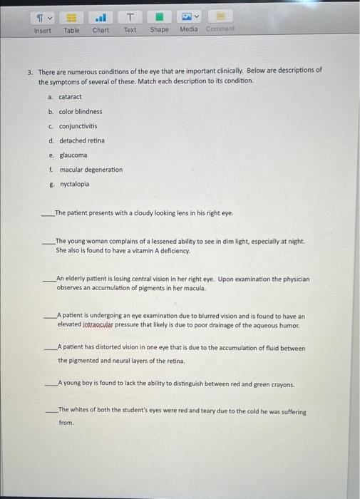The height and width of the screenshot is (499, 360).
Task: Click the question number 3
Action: [x=30, y=71]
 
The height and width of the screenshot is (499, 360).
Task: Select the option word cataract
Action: [x=70, y=97]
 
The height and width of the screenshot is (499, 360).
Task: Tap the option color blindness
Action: [x=80, y=111]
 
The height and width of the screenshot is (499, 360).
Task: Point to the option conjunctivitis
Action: [x=78, y=126]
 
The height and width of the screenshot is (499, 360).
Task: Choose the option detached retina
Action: [x=81, y=140]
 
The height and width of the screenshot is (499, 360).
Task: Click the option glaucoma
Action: [x=73, y=155]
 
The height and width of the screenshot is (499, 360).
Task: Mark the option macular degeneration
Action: [x=91, y=170]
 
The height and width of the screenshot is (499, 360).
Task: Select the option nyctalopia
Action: [x=74, y=184]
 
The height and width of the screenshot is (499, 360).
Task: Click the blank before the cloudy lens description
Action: [x=48, y=214]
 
